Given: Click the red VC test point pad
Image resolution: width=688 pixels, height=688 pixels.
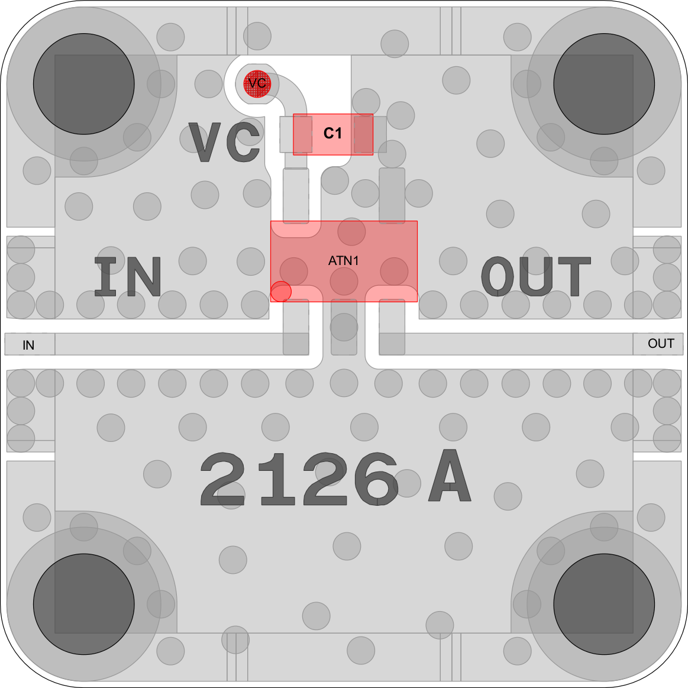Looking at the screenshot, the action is [x=257, y=84].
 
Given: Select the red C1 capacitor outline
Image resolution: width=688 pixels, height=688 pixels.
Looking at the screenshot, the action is [x=333, y=134].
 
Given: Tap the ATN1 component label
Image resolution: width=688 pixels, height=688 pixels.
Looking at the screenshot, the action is [x=344, y=261].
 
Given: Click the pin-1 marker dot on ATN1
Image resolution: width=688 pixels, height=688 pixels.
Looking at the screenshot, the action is [x=281, y=291].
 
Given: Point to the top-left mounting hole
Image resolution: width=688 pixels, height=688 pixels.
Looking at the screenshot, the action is [x=84, y=84].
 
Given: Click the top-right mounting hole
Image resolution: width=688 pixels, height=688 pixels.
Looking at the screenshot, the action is [x=604, y=84].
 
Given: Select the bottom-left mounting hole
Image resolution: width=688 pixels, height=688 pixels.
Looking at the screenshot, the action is [x=84, y=604].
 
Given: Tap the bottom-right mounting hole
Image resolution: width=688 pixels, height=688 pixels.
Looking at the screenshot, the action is [x=604, y=604].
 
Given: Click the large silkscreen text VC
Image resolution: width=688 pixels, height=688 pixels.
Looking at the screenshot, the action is [x=225, y=142].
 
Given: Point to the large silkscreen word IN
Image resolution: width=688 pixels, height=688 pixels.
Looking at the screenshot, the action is [x=128, y=276].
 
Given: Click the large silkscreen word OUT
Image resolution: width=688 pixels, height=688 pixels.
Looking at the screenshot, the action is [x=536, y=276].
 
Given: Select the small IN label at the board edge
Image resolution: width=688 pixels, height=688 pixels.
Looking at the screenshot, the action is [x=28, y=345].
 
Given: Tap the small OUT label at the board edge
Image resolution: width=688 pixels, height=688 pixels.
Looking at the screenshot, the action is [x=661, y=344].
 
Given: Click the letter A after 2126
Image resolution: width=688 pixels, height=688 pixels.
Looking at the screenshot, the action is [x=450, y=475].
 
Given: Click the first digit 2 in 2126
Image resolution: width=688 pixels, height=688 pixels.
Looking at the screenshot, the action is [x=222, y=479].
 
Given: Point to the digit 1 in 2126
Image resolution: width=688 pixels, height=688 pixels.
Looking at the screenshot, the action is [x=277, y=479].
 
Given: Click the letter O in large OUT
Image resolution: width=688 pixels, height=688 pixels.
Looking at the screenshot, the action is [x=499, y=276].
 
